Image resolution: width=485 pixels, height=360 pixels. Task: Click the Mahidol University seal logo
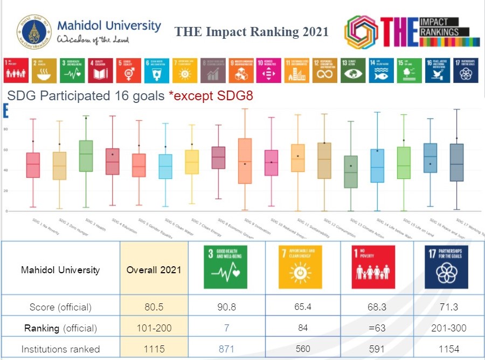point(34,32)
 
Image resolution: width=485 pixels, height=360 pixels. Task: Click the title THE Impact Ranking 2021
point(251,32)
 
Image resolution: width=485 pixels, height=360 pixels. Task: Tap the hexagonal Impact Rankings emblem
point(361,31)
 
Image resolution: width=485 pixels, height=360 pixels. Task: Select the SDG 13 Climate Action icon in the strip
point(353,70)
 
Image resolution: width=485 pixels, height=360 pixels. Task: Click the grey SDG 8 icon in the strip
point(212,70)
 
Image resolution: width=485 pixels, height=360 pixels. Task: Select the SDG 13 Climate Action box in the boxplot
point(350,171)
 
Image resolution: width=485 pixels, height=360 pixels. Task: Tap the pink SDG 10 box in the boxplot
point(272,163)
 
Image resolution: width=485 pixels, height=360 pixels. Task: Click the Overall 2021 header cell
point(154,269)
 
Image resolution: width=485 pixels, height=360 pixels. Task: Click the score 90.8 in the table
point(226,307)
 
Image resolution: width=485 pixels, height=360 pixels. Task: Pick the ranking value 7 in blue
point(226,328)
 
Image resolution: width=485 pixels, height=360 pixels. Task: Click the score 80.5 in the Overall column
point(154,307)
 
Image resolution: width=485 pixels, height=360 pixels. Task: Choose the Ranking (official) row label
point(60,328)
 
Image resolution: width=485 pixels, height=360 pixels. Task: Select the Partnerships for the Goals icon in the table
point(447,268)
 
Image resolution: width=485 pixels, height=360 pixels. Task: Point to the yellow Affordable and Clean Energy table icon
point(300,268)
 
